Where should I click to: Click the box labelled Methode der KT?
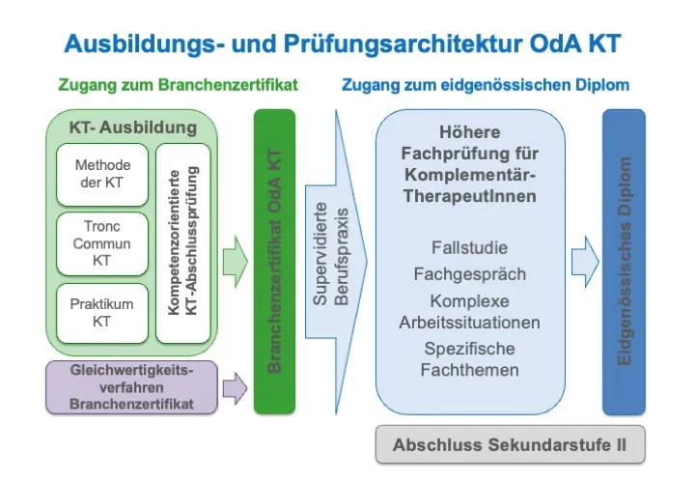coord(102,174)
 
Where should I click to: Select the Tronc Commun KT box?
coord(102,242)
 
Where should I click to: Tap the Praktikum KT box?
coord(102,313)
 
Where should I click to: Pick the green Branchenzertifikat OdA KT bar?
coord(274,261)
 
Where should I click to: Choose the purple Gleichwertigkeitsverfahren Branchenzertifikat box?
coord(131,386)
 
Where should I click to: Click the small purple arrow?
coord(235,388)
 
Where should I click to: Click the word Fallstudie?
coord(469,247)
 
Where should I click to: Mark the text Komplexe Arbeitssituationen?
coord(469,311)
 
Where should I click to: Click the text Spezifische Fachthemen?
coord(469,358)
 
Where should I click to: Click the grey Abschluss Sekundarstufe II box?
coord(509,445)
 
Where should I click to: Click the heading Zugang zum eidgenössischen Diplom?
coord(486,85)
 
